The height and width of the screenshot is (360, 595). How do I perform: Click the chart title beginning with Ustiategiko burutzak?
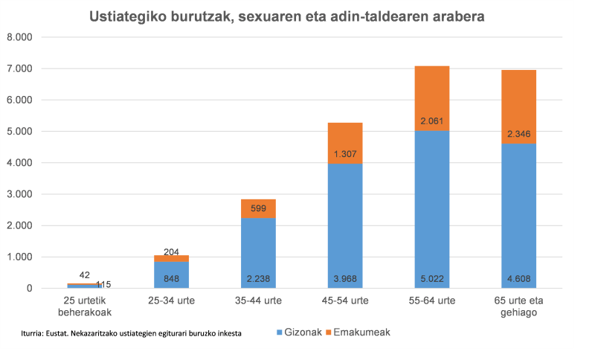point(287,16)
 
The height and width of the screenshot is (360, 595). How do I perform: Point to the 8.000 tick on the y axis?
point(19,37)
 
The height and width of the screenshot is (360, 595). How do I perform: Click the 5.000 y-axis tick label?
point(19,132)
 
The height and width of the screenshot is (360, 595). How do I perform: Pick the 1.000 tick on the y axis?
point(19,257)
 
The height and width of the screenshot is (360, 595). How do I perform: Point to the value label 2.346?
point(518,134)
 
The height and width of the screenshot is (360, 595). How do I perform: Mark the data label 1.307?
point(345,153)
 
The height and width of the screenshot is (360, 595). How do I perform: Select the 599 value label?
point(258,209)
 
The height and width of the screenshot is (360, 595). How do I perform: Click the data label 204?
point(171,251)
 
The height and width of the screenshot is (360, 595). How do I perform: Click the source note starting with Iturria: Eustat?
point(132,332)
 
